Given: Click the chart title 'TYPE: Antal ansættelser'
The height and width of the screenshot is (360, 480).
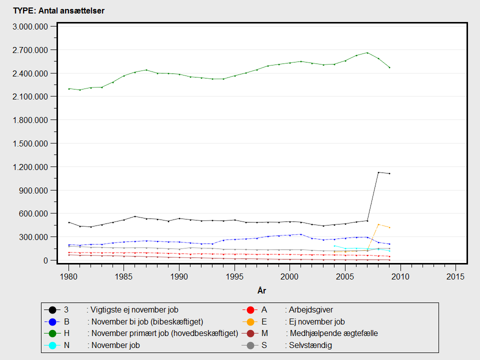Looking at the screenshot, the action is [59, 10].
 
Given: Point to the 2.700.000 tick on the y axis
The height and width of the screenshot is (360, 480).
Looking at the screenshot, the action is [30, 50].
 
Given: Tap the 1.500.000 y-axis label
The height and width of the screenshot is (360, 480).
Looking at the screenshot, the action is [30, 143].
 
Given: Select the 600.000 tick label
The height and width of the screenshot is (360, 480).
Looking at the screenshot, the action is [34, 213].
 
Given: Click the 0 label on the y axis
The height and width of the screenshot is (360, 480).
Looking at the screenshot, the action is [46, 260].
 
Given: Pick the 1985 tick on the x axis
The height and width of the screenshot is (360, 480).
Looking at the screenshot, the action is [124, 276].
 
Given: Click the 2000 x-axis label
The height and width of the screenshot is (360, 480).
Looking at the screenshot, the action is [289, 276].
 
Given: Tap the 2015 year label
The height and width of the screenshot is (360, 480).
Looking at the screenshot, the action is [455, 276].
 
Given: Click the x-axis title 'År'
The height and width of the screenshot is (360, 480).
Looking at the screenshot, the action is [261, 290].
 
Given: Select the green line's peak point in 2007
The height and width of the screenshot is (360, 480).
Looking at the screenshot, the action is [367, 52].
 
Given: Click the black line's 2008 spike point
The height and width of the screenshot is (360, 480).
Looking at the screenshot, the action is [378, 172].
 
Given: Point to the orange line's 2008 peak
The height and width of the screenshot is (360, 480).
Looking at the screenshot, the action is [378, 224].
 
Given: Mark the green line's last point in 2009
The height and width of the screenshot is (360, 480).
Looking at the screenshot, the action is [389, 67].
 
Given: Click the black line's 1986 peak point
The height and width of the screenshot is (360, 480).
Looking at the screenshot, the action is [135, 216].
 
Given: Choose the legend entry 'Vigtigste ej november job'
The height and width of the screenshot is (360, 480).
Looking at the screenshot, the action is [134, 310].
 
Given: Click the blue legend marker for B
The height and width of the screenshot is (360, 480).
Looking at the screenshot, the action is [52, 321].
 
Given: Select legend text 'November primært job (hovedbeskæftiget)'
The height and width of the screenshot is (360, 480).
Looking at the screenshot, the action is [164, 333].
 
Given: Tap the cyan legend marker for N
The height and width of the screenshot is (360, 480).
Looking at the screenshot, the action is [52, 345].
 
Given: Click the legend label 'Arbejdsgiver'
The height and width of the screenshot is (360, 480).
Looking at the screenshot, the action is [311, 310].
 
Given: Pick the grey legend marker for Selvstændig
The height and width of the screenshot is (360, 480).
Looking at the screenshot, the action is [250, 345].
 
